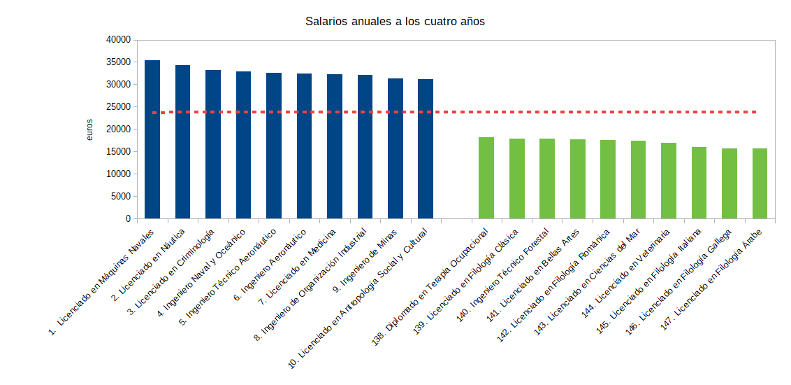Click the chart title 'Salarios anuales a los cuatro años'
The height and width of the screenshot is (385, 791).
pyautogui.click(x=395, y=21)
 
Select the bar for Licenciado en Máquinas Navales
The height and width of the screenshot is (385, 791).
pyautogui.click(x=152, y=140)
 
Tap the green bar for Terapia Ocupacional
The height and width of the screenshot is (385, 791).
pyautogui.click(x=486, y=178)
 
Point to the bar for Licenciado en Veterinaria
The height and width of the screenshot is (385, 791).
pyautogui.click(x=669, y=181)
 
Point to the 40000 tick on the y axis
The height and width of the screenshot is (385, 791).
pyautogui.click(x=118, y=40)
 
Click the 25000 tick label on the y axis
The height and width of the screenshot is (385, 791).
pyautogui.click(x=118, y=107)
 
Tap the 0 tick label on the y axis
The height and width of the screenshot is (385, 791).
pyautogui.click(x=128, y=219)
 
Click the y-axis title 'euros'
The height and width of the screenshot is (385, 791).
pyautogui.click(x=89, y=129)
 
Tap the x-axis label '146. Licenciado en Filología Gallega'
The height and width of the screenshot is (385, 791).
pyautogui.click(x=688, y=280)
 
